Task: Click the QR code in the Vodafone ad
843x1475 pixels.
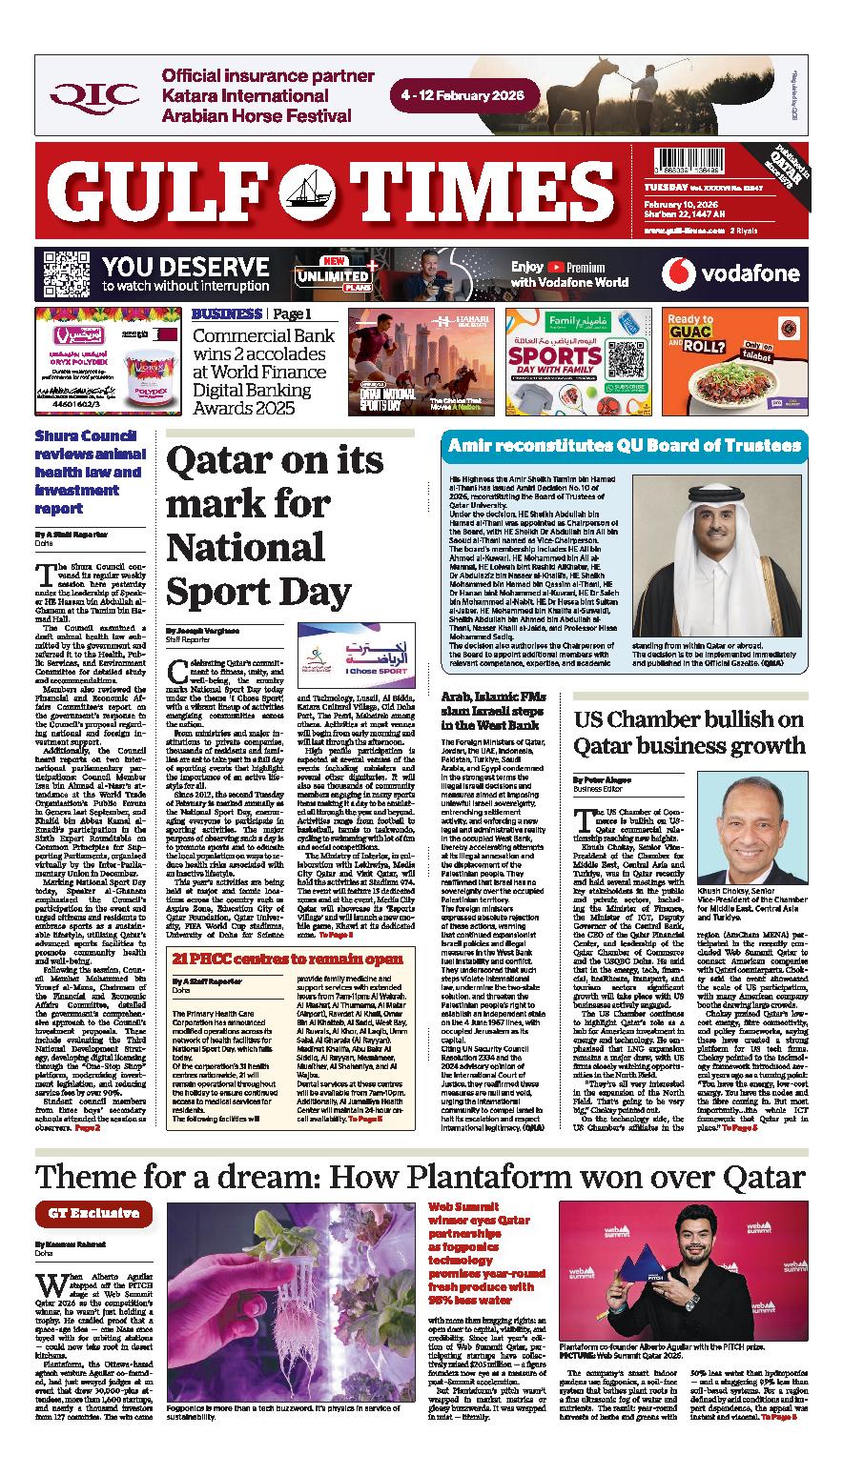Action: [61, 274]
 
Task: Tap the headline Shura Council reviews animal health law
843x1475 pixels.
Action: [89, 471]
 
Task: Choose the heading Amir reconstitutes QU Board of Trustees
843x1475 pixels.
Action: [625, 446]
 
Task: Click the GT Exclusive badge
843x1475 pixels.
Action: [93, 1213]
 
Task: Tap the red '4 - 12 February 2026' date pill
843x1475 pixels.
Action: [464, 96]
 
